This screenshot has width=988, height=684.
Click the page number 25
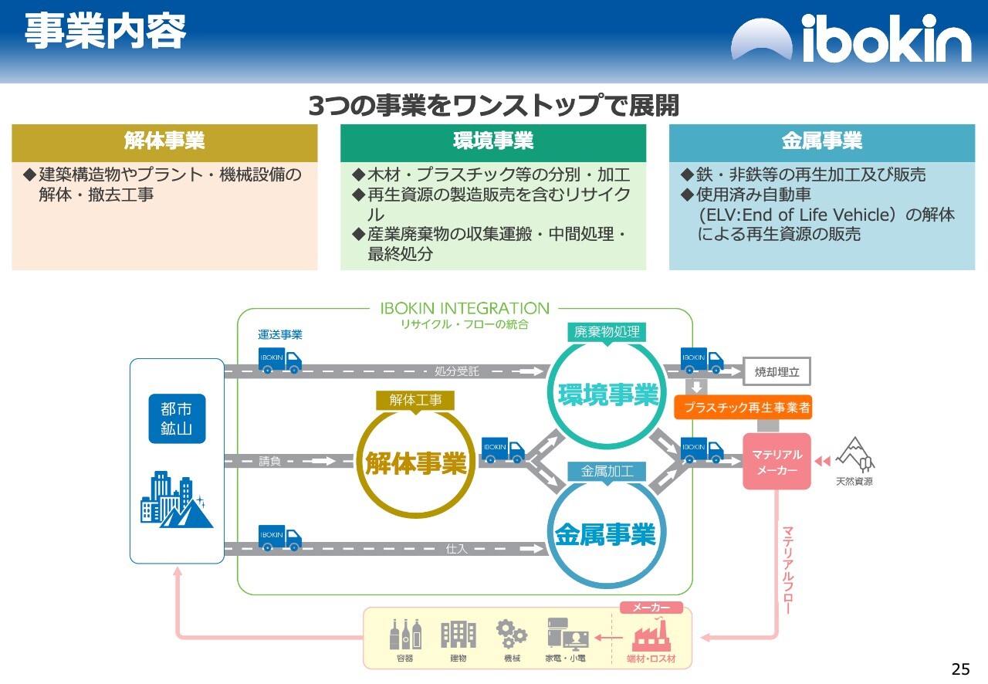[x=960, y=669]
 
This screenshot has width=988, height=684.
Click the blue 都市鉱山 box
[x=177, y=418]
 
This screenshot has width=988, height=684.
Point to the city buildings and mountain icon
[x=177, y=499]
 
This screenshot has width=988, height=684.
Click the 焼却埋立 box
[x=777, y=371]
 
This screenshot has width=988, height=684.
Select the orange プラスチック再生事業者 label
[x=743, y=407]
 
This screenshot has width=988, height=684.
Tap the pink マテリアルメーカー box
[x=777, y=461]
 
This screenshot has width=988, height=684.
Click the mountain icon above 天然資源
[x=854, y=455]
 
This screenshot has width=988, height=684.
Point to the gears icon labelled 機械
[x=512, y=634]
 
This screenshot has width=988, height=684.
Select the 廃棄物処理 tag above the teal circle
[x=607, y=332]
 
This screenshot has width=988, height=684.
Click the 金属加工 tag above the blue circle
[x=607, y=471]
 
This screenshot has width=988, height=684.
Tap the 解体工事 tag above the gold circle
[x=415, y=400]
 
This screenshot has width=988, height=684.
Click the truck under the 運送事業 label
[x=279, y=360]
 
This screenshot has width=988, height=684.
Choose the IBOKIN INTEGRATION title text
[x=465, y=308]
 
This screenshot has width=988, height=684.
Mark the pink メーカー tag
[x=651, y=608]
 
